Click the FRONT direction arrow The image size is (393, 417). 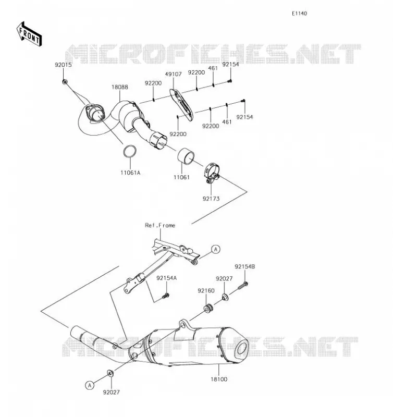point(29,34)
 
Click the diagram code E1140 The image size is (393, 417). point(299,14)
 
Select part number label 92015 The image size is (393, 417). point(63,65)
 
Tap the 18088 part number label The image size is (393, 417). point(120,87)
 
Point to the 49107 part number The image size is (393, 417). point(174,74)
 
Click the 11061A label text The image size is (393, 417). point(130,173)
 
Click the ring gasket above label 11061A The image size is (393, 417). point(130,151)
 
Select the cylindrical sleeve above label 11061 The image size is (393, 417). point(186,157)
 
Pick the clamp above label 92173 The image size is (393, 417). point(212,173)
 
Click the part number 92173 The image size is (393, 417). point(211,199)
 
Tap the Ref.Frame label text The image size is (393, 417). point(160,226)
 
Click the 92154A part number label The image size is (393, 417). point(166,278)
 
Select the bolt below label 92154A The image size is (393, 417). point(166,296)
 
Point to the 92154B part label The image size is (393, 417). point(244,266)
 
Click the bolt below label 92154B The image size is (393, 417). point(242,286)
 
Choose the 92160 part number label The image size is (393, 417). point(206,291)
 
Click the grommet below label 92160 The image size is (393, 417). point(208,309)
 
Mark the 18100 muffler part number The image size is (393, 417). point(219,379)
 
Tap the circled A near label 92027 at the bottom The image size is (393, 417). point(90,385)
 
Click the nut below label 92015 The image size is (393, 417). point(65,82)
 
